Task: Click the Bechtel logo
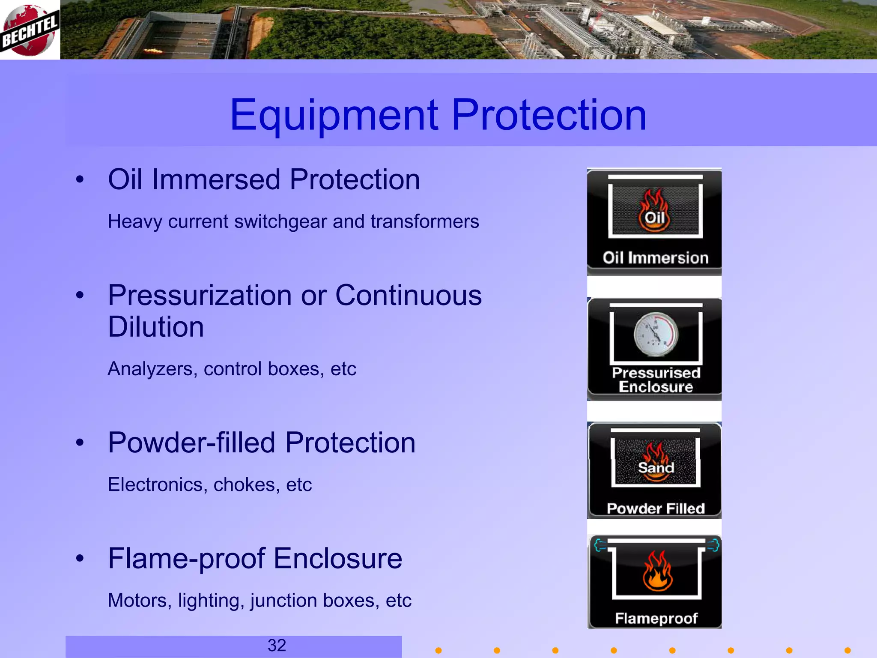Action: (x=29, y=30)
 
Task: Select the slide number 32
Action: (x=277, y=645)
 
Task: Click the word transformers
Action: (x=425, y=222)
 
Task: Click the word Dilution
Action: (x=156, y=327)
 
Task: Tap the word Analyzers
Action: (x=152, y=369)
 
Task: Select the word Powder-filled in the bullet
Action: (x=191, y=443)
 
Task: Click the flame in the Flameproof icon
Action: (x=657, y=571)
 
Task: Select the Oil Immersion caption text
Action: (x=656, y=258)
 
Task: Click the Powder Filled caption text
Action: (x=656, y=508)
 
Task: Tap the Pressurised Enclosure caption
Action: (x=656, y=380)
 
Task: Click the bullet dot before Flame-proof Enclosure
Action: (x=80, y=559)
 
